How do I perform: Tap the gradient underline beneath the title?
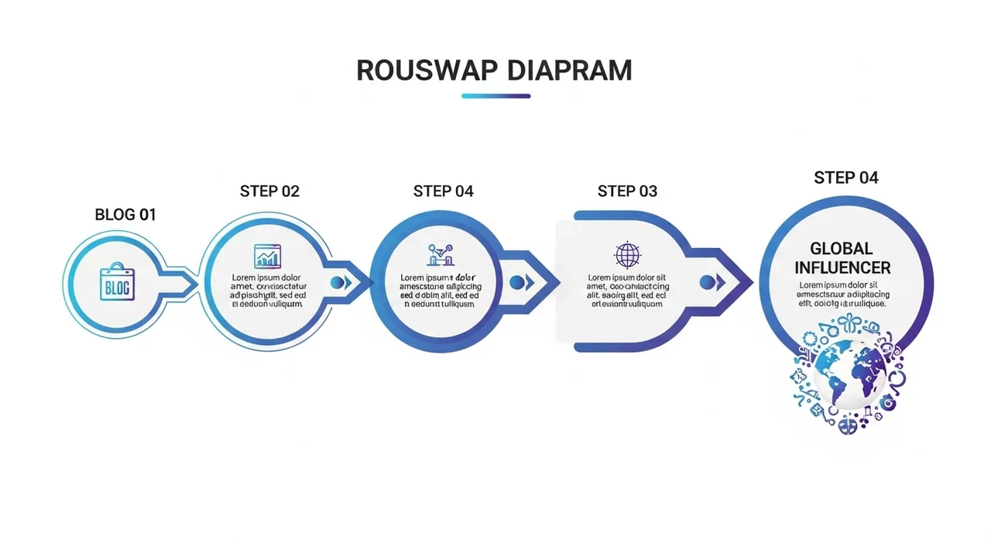tap(495, 96)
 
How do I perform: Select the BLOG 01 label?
tap(125, 215)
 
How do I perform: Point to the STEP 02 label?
tap(269, 191)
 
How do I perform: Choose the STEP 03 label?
tap(627, 191)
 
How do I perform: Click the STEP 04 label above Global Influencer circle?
tap(846, 178)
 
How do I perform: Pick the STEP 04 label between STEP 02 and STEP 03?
tap(444, 191)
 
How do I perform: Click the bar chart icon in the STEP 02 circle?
tap(268, 256)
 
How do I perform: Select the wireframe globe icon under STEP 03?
tap(627, 255)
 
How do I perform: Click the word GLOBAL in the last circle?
tap(842, 249)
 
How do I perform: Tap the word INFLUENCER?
tap(842, 268)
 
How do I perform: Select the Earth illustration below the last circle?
tap(850, 374)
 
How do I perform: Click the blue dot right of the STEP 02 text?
tap(337, 283)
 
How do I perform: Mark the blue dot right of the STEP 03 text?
tap(706, 283)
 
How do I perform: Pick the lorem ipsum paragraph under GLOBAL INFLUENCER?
tap(843, 295)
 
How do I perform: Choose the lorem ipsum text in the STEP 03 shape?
tap(627, 291)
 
